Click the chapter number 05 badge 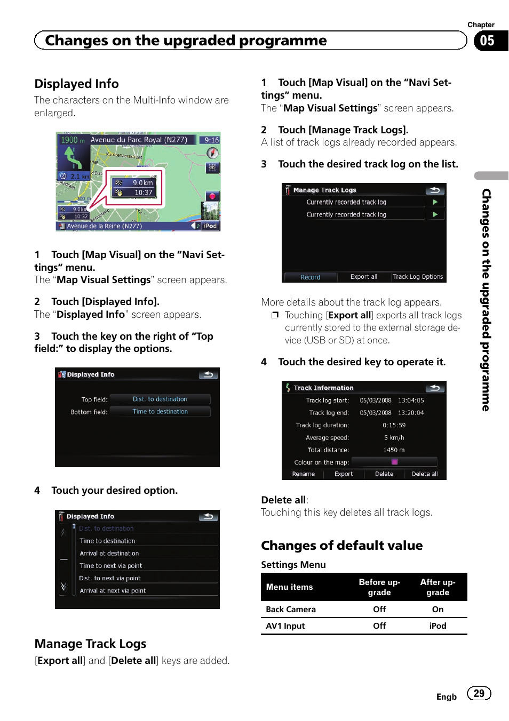[x=487, y=41]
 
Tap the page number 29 [x=479, y=693]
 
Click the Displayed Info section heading [x=76, y=84]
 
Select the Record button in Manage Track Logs [x=310, y=277]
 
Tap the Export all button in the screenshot [x=364, y=277]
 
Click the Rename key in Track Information [x=303, y=474]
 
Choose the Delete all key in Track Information [x=424, y=474]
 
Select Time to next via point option [x=111, y=566]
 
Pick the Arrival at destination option [x=109, y=554]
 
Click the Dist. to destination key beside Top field [x=160, y=399]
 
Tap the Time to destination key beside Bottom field [x=160, y=412]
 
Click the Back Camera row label [x=291, y=610]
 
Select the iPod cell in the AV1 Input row [x=438, y=626]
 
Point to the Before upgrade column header [x=379, y=587]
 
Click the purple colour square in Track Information [x=394, y=462]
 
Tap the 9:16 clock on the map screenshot [x=212, y=140]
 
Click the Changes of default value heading [x=341, y=546]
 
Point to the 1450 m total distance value [x=394, y=450]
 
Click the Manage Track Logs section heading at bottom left [x=90, y=644]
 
